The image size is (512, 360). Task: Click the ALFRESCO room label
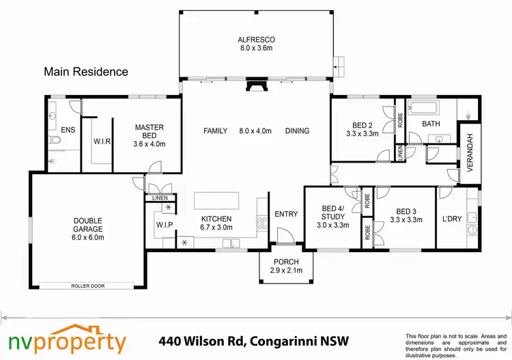255,44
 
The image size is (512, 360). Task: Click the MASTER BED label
149,135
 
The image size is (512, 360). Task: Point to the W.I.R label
102,142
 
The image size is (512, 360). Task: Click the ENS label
68,129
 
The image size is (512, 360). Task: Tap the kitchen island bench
218,200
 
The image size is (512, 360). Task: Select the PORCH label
286,266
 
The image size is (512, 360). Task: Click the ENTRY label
286,214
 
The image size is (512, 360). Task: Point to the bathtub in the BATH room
423,107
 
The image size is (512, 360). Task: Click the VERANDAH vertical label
469,154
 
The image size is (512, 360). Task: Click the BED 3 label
406,215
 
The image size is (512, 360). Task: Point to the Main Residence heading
85,71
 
